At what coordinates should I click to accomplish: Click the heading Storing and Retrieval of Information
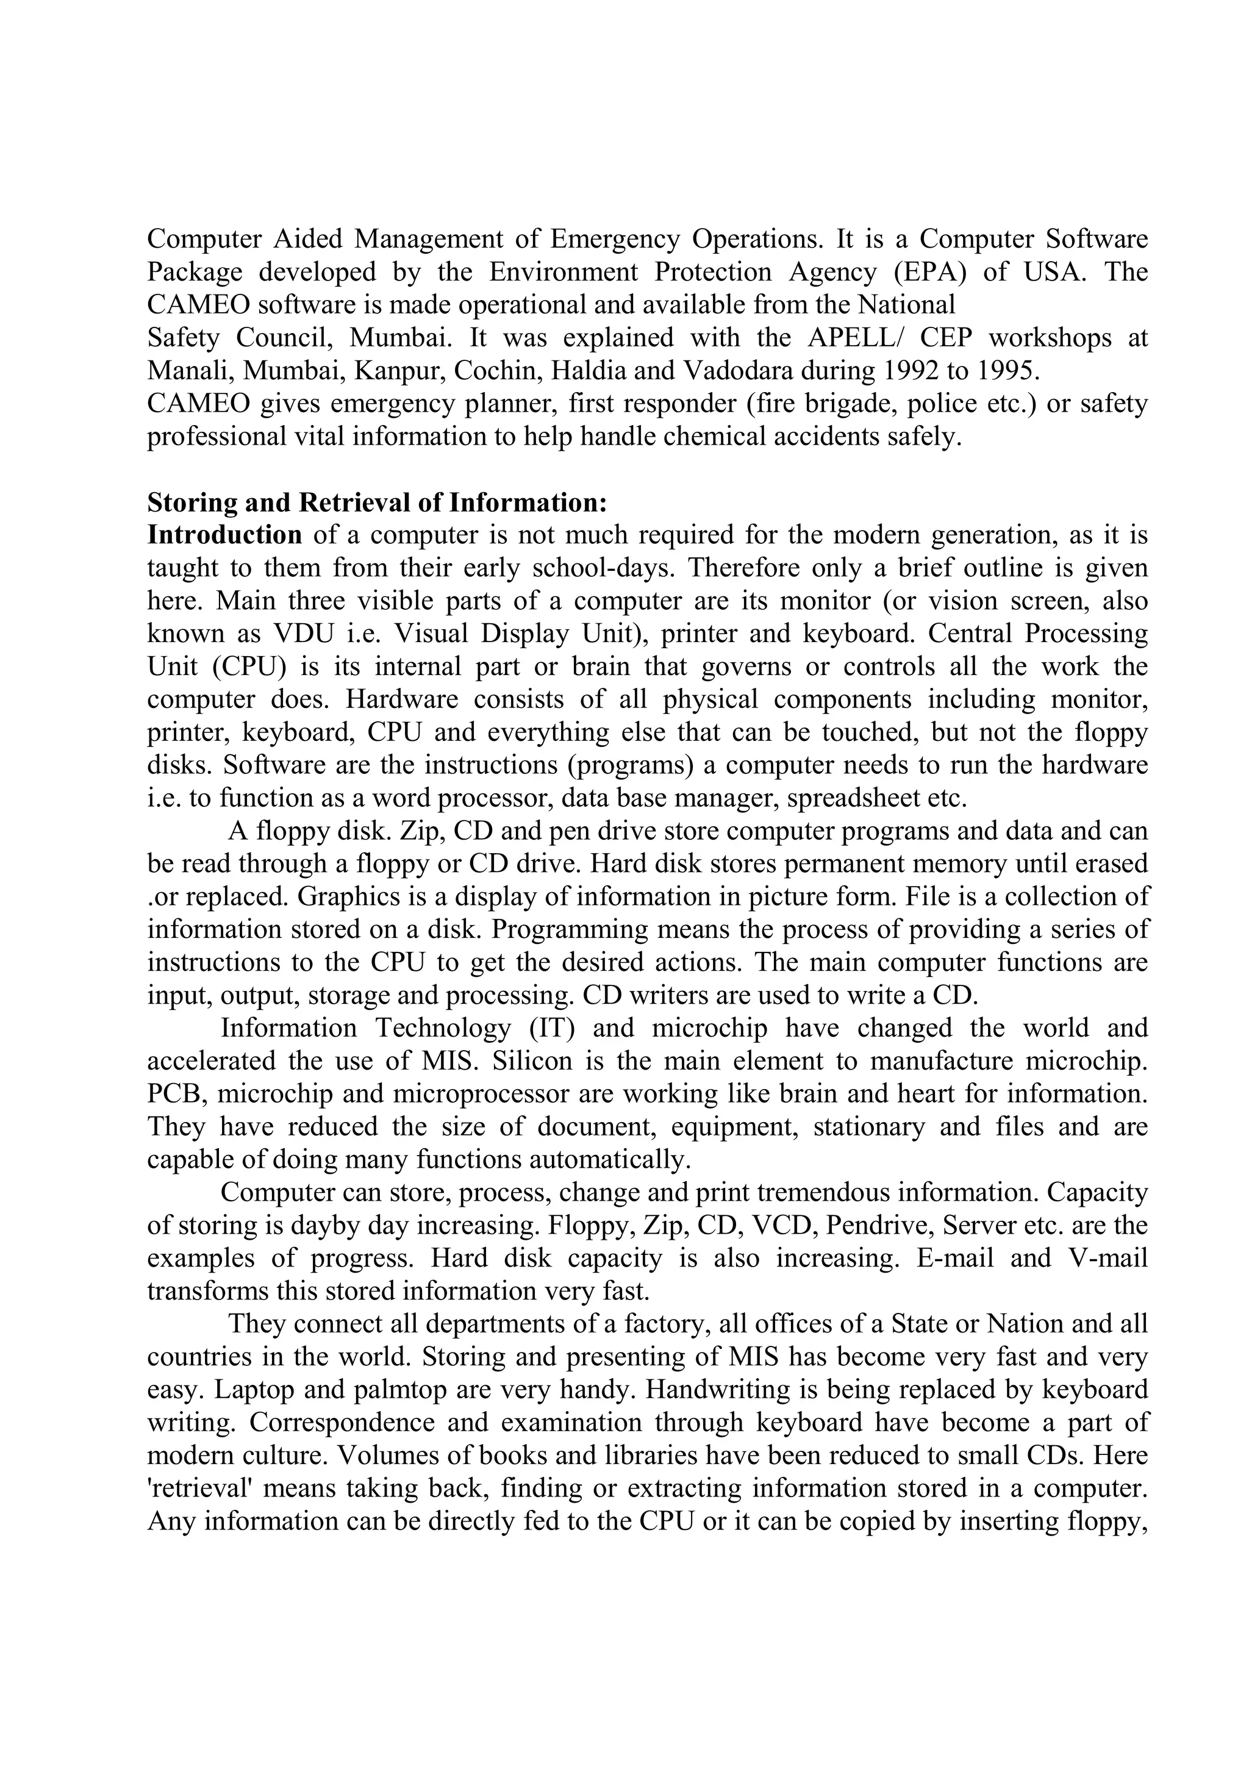click(377, 503)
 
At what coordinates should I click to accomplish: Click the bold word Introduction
click(224, 535)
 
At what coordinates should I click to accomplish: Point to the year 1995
click(1007, 371)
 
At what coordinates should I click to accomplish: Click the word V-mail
click(1108, 1259)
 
